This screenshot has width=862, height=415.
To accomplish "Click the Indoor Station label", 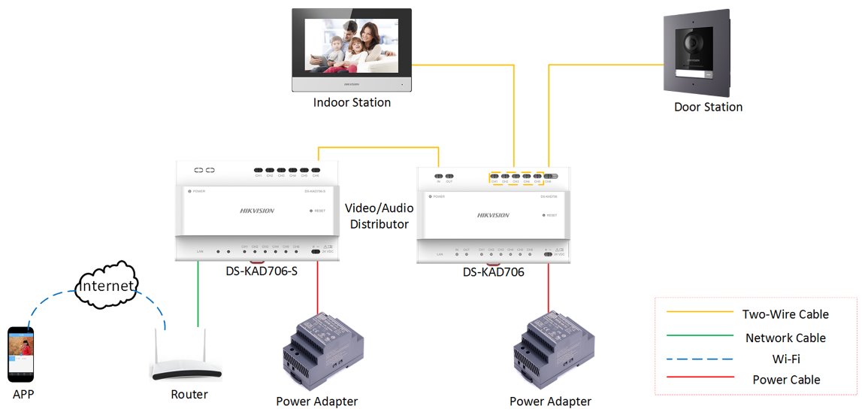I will pos(352,102).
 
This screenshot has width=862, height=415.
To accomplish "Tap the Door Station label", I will pos(708,107).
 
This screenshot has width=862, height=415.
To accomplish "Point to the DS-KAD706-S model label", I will pos(262,270).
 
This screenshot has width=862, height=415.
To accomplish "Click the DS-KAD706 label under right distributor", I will pos(493,272).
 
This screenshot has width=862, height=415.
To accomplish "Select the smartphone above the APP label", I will pos(21,353).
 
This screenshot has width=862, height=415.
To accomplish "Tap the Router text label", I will pos(189,394).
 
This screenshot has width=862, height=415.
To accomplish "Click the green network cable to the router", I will pos(198,293).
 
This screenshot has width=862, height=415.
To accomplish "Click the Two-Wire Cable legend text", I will pos(785,314).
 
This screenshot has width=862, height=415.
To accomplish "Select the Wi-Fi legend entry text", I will pos(785,359).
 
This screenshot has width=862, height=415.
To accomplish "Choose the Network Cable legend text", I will pos(785,338).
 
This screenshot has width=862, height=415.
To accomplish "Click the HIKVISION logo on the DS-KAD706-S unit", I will pos(257,211).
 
